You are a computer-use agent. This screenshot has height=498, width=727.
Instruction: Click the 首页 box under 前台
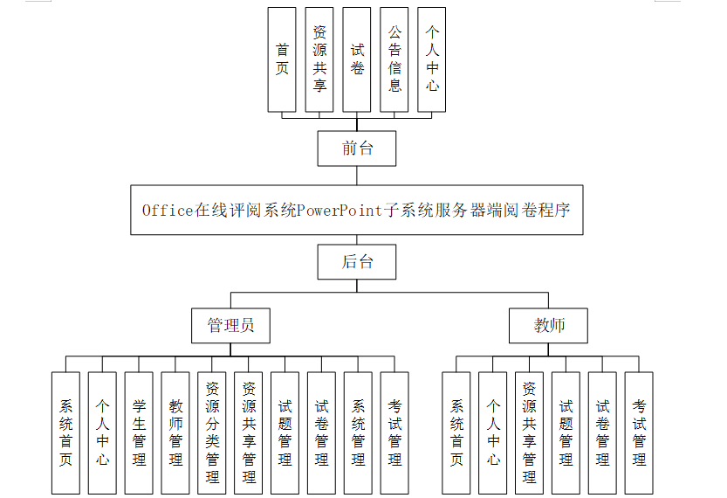[x=282, y=59]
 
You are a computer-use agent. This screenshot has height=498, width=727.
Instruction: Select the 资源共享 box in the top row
[x=319, y=59]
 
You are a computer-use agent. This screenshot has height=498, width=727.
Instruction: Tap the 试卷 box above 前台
[x=357, y=59]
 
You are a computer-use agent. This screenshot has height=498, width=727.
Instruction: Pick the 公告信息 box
[x=394, y=59]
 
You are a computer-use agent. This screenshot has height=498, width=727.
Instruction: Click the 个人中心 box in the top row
[x=432, y=59]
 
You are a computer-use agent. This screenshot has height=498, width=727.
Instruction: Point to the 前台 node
[x=357, y=149]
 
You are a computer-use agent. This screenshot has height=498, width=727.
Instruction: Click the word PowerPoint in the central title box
[x=340, y=211]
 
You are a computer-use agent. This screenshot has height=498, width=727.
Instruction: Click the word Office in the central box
[x=168, y=211]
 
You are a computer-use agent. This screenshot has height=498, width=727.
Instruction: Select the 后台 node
[x=357, y=261]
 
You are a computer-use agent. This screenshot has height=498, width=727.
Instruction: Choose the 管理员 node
[x=230, y=326]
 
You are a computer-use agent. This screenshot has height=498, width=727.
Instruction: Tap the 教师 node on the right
[x=549, y=326]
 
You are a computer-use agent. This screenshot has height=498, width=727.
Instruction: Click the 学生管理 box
[x=139, y=432]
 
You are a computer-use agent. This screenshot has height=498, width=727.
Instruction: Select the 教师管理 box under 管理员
[x=175, y=432]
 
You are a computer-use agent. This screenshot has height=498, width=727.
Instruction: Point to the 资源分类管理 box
[x=212, y=432]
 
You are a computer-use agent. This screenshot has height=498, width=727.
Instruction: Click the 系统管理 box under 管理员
[x=358, y=432]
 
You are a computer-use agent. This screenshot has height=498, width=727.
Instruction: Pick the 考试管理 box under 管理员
[x=394, y=432]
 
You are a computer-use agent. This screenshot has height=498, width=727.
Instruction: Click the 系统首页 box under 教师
[x=456, y=432]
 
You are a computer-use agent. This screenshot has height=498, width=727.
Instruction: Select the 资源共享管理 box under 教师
[x=529, y=432]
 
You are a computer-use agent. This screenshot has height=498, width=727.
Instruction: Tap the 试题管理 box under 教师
[x=566, y=432]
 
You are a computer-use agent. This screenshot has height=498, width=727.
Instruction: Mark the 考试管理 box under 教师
[x=639, y=432]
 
